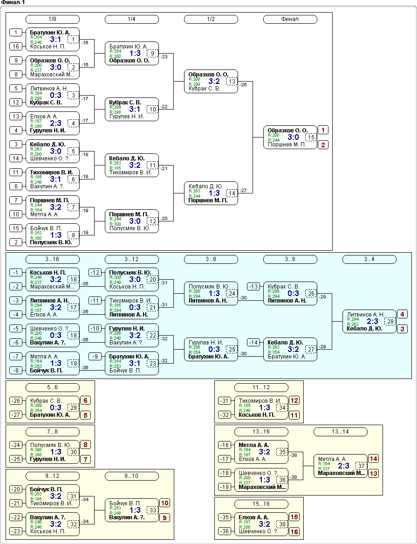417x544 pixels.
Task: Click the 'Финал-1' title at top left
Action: pyautogui.click(x=13, y=3)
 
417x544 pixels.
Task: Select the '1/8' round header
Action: pyautogui.click(x=52, y=20)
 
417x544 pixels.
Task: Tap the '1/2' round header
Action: pyautogui.click(x=211, y=20)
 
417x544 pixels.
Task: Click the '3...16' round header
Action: pyautogui.click(x=52, y=259)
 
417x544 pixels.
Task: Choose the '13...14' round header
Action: pyautogui.click(x=341, y=432)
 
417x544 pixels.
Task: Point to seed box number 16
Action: pyautogui.click(x=16, y=47)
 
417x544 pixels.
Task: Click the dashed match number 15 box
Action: pyautogui.click(x=311, y=138)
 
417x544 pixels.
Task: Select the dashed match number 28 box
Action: pyautogui.click(x=390, y=322)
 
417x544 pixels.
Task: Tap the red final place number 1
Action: pyautogui.click(x=323, y=130)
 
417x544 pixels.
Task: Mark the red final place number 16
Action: pyautogui.click(x=294, y=532)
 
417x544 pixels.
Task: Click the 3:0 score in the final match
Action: pyautogui.click(x=293, y=138)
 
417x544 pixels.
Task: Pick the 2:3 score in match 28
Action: pyautogui.click(x=373, y=322)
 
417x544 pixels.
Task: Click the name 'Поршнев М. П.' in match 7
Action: pyautogui.click(x=49, y=200)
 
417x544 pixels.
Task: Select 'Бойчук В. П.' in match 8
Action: pyautogui.click(x=46, y=228)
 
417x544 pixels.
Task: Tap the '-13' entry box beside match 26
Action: pyautogui.click(x=253, y=287)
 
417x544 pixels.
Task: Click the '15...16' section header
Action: pyautogui.click(x=261, y=504)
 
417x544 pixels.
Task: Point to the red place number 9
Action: pyautogui.click(x=164, y=518)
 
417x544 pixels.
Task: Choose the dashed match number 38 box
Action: pyautogui.click(x=282, y=524)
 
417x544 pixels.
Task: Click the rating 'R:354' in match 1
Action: pyautogui.click(x=36, y=37)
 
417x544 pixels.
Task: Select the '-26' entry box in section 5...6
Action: pyautogui.click(x=16, y=401)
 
